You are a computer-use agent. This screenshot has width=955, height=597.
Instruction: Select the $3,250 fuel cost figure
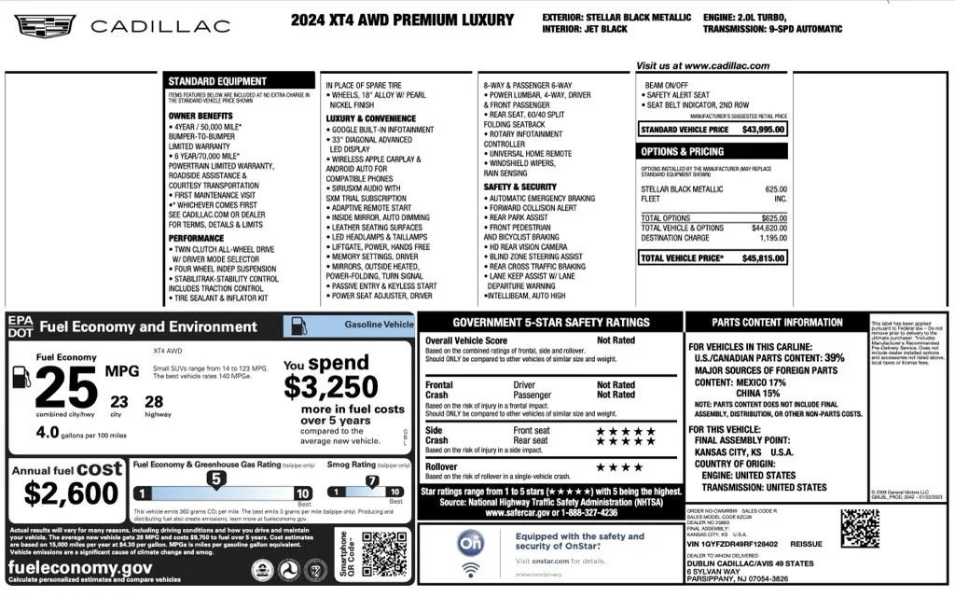pyautogui.click(x=330, y=386)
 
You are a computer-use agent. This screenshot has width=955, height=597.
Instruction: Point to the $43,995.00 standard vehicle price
pyautogui.click(x=763, y=129)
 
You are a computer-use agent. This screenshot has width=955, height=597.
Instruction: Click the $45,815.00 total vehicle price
pyautogui.click(x=763, y=257)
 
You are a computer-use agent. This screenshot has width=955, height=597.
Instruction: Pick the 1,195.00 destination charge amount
pyautogui.click(x=768, y=238)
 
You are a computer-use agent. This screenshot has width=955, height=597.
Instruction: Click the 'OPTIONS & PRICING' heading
pyautogui.click(x=682, y=151)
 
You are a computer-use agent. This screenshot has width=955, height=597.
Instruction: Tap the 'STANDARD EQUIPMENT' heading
pyautogui.click(x=217, y=81)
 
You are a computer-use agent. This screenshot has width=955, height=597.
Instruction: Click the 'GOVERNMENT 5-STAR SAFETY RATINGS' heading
pyautogui.click(x=551, y=322)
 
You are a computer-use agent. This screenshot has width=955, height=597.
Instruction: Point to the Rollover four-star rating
pyautogui.click(x=619, y=466)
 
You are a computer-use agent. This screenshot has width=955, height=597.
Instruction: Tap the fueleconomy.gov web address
pyautogui.click(x=81, y=567)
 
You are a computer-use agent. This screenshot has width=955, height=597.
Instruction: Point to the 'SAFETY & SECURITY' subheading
pyautogui.click(x=519, y=187)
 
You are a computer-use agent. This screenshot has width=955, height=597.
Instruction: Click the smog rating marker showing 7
pyautogui.click(x=371, y=481)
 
